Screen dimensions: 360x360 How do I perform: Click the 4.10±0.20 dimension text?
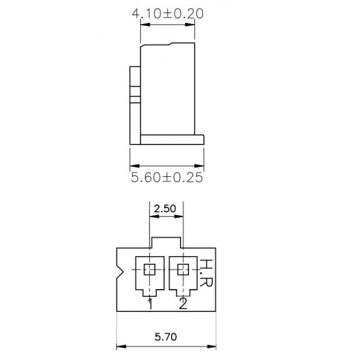pos(165,14)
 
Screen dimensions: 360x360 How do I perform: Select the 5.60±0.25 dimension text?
pos(166,177)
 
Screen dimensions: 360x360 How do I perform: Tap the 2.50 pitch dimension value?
pos(165,209)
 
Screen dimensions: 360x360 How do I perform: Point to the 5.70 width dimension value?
pos(166,338)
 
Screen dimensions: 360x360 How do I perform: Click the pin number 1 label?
pos(150,304)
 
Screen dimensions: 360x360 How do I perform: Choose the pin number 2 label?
pos(183,304)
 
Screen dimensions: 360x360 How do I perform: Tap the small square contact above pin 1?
pos(150,269)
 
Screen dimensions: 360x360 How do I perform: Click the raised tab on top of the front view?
pos(166,242)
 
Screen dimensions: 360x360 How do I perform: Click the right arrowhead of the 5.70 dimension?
pos(214,346)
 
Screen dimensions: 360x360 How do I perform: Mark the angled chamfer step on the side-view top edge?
pos(172,43)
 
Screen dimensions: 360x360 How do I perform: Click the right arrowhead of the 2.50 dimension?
pos(180,218)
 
